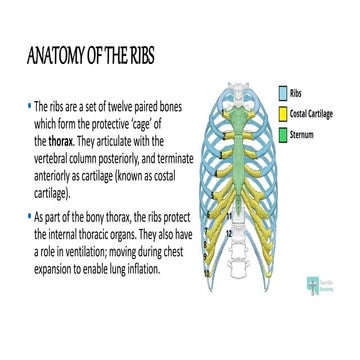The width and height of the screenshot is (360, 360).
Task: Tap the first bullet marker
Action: [27, 105]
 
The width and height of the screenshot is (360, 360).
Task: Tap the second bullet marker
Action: [27, 216]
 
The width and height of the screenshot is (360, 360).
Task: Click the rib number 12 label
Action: [228, 233]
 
